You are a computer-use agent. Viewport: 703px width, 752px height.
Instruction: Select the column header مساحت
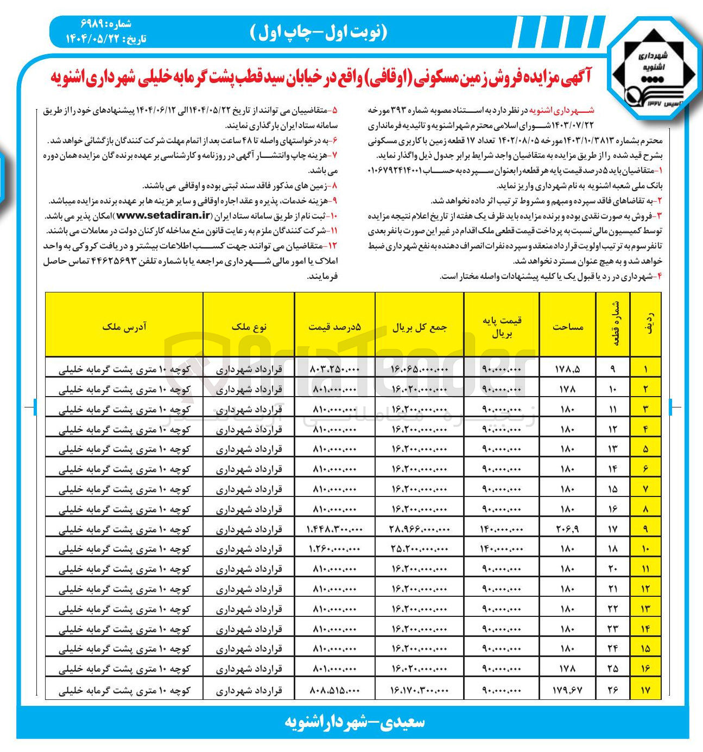pyautogui.click(x=568, y=327)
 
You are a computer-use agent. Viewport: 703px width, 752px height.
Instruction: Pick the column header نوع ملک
pyautogui.click(x=249, y=327)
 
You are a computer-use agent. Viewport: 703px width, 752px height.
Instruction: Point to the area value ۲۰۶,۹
pyautogui.click(x=568, y=529)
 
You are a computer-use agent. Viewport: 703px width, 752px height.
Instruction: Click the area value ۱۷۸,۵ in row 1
pyautogui.click(x=568, y=369)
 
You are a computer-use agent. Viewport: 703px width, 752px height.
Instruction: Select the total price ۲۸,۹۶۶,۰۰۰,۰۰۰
pyautogui.click(x=419, y=529)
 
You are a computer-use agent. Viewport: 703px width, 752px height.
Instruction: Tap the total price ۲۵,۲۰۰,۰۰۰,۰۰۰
pyautogui.click(x=419, y=549)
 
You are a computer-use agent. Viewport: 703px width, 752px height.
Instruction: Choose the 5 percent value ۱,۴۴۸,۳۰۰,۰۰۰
pyautogui.click(x=334, y=529)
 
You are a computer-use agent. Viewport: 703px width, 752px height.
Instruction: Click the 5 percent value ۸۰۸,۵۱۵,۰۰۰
pyautogui.click(x=334, y=690)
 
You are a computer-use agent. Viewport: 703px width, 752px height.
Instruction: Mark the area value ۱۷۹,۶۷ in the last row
pyautogui.click(x=568, y=690)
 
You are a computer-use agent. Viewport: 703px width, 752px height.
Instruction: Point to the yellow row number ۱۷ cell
pyautogui.click(x=645, y=690)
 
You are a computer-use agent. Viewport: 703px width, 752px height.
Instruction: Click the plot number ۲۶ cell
pyautogui.click(x=613, y=690)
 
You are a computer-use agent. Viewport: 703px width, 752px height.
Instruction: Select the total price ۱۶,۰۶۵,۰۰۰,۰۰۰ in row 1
pyautogui.click(x=419, y=369)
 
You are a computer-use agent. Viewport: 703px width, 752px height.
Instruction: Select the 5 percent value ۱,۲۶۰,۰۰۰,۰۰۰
pyautogui.click(x=334, y=549)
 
